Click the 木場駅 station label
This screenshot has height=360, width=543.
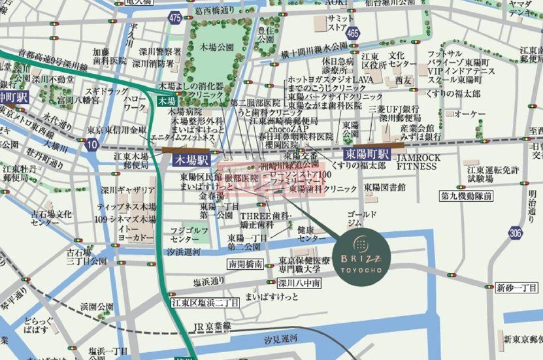coord(191,159)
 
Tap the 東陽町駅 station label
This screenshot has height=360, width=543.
coord(367,154)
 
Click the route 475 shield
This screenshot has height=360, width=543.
coord(174,20)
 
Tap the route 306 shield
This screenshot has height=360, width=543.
coord(517,233)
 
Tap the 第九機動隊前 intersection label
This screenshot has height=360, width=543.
coord(466,195)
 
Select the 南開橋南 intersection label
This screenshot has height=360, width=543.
coord(246,265)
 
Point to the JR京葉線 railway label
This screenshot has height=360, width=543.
coord(210,325)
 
